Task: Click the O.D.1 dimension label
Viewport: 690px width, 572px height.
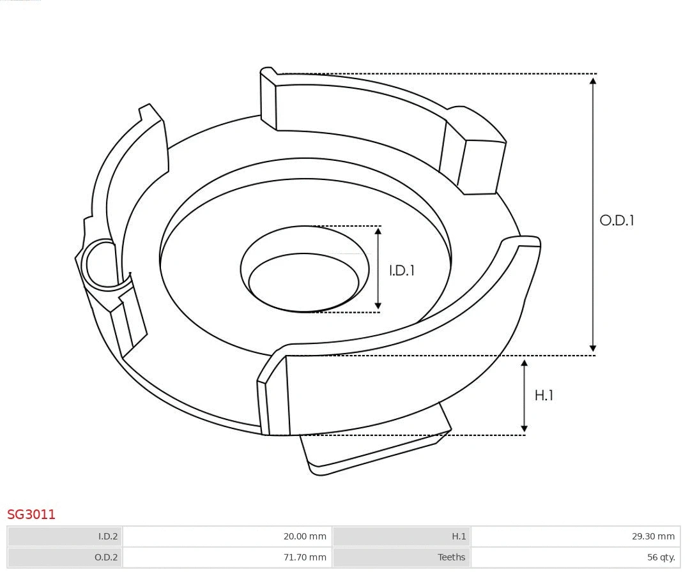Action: pyautogui.click(x=617, y=221)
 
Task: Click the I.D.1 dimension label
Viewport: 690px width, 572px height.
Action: pyautogui.click(x=402, y=271)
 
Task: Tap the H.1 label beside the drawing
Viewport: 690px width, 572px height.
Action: pyautogui.click(x=544, y=396)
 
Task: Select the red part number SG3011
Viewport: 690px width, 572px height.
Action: pyautogui.click(x=31, y=515)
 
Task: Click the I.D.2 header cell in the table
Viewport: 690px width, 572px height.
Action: pyautogui.click(x=65, y=536)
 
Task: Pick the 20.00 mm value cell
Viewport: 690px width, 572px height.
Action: pyautogui.click(x=227, y=536)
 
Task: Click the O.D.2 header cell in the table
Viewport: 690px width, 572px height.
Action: pyautogui.click(x=65, y=557)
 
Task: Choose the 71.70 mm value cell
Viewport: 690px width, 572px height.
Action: pyautogui.click(x=227, y=557)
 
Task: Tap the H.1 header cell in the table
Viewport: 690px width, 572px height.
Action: pyautogui.click(x=402, y=536)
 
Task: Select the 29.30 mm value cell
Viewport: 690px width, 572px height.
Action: pyautogui.click(x=576, y=536)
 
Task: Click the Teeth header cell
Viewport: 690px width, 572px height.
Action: pyautogui.click(x=402, y=557)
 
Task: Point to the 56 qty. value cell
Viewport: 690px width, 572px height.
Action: pyautogui.click(x=576, y=557)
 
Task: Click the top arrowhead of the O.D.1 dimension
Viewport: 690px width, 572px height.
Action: pyautogui.click(x=593, y=80)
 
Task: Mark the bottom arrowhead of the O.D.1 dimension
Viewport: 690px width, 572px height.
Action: pyautogui.click(x=593, y=348)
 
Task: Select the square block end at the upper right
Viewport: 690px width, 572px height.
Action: pyautogui.click(x=482, y=166)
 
